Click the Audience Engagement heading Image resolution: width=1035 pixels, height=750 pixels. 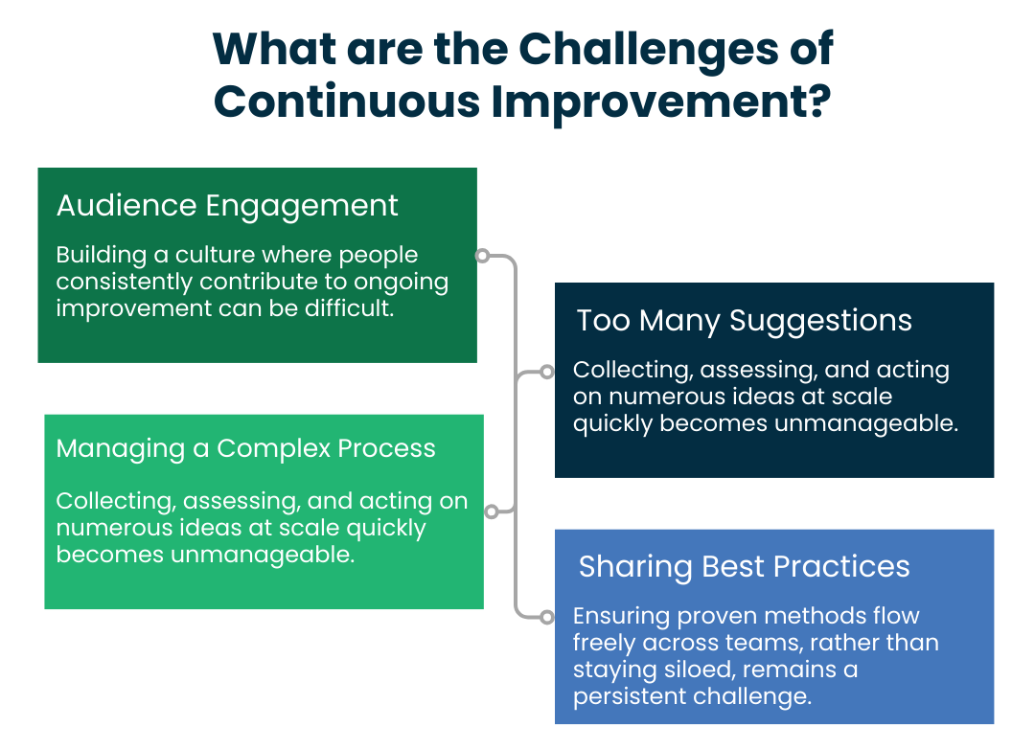227,206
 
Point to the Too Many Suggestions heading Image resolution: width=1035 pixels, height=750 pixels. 744,320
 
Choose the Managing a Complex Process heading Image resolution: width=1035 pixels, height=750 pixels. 245,448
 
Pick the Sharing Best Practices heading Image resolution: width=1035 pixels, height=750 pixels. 744,566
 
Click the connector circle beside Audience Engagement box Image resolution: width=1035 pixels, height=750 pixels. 483,256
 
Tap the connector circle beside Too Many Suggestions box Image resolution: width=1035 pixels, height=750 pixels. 546,371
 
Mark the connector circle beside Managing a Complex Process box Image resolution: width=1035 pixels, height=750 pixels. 492,511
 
